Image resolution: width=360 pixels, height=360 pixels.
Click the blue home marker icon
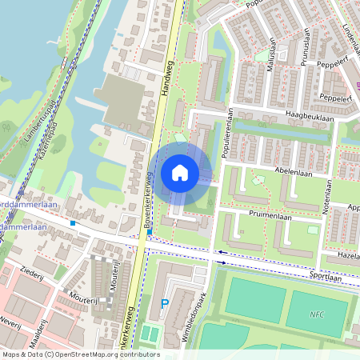tap(180, 173)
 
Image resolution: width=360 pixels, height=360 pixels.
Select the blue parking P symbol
tap(166, 304)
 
